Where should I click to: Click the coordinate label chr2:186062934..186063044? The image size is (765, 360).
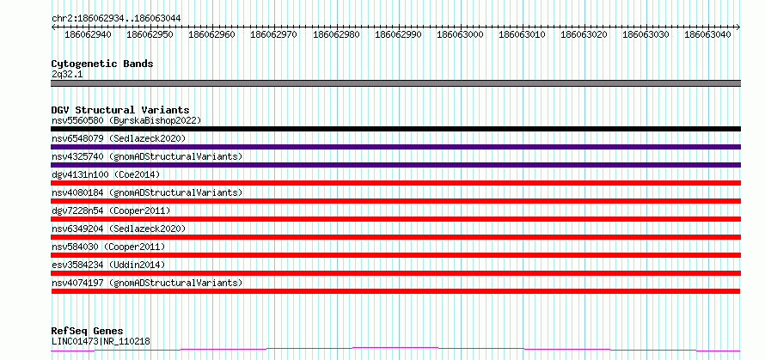[116, 18]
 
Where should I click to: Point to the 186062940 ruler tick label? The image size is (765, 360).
[88, 34]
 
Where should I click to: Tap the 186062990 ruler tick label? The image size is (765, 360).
[398, 34]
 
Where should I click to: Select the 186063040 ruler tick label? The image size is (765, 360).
[708, 34]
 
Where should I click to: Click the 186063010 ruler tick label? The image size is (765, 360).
[522, 34]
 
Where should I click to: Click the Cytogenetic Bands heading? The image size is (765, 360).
[102, 64]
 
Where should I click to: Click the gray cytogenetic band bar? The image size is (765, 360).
[396, 83]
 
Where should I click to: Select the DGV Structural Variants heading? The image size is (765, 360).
[120, 110]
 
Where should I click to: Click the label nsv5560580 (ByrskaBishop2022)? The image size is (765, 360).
[126, 120]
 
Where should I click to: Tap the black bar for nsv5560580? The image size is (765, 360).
[396, 129]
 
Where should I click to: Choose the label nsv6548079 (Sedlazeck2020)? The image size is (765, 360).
[119, 138]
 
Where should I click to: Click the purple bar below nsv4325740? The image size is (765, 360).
[396, 165]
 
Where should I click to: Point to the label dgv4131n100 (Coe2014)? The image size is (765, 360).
[106, 174]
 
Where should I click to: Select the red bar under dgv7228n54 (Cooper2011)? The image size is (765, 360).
[396, 219]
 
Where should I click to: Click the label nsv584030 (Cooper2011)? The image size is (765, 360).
[108, 247]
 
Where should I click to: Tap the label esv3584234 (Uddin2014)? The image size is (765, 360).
[108, 265]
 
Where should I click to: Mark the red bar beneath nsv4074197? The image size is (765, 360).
[396, 291]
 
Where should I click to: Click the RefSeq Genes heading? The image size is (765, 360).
[88, 332]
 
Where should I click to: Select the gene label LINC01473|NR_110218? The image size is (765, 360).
[101, 341]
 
